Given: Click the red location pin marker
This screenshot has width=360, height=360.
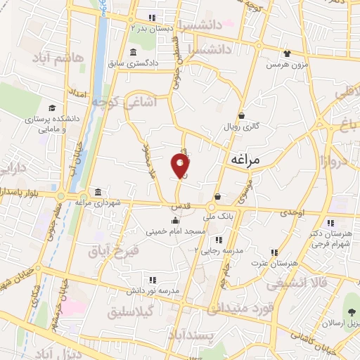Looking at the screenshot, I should point(180,166).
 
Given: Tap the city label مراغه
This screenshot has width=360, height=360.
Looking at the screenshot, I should point(245,160).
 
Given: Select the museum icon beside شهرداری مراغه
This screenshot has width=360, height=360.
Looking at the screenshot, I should point(97,193).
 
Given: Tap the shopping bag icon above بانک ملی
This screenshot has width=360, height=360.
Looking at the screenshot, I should point(217,197).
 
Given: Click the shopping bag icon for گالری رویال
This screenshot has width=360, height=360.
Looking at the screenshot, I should point(241,115).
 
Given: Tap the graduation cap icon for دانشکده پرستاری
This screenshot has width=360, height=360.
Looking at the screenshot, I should point(51,108).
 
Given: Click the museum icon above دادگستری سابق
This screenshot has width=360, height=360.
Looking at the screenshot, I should point(134,51).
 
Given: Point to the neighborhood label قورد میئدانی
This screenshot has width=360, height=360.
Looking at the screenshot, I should point(241,306).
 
